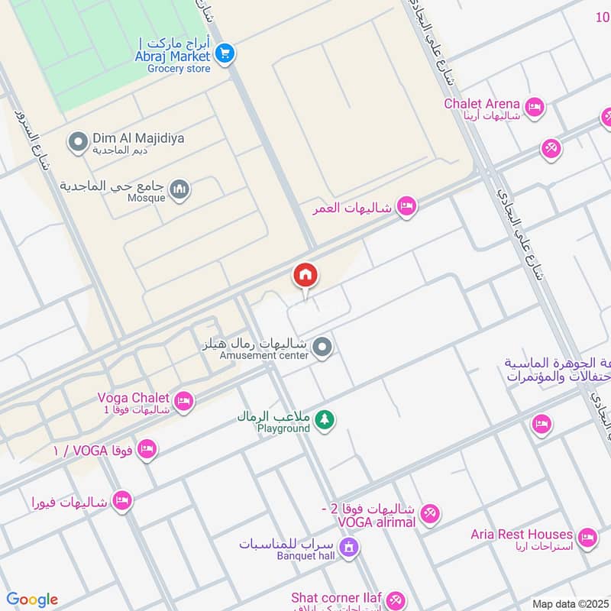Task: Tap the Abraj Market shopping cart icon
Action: point(224,53)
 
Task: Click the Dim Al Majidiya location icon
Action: point(77,141)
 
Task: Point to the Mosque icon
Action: point(179,189)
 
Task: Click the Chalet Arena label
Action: point(483,104)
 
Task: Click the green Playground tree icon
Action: point(325,419)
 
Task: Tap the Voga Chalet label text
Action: point(133,398)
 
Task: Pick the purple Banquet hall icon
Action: point(349,547)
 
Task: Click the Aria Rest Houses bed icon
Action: point(587,538)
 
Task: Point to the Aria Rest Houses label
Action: point(522,535)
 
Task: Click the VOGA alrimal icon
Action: point(429,514)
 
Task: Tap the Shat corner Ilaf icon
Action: point(394,600)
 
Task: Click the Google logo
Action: point(32,600)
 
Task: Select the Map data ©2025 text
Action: point(569,604)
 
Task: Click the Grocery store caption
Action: point(179,69)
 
